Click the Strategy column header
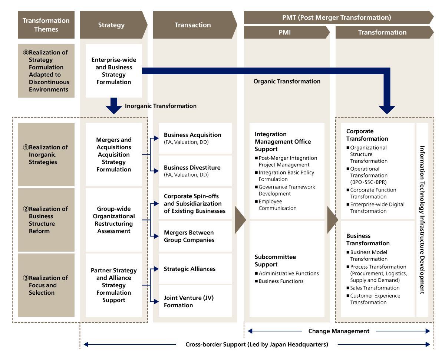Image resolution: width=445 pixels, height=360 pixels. (111, 25)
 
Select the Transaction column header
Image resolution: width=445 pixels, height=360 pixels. (192, 25)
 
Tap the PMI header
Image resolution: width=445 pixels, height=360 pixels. (285, 33)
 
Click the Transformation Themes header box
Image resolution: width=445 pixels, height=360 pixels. (46, 25)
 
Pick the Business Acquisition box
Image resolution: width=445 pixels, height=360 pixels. (195, 138)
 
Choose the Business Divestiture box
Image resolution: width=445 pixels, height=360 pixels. (195, 171)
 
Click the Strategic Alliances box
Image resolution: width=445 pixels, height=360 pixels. (195, 269)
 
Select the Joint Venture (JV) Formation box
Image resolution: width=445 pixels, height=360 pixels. (195, 301)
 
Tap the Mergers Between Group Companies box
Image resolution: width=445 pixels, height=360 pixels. (195, 236)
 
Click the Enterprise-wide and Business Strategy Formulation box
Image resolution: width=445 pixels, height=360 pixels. (113, 71)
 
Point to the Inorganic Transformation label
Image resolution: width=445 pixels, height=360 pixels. (161, 106)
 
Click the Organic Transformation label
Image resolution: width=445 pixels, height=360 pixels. (287, 81)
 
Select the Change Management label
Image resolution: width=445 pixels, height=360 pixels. (339, 331)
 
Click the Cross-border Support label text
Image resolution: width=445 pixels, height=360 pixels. (257, 344)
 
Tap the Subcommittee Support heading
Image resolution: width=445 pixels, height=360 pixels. (275, 261)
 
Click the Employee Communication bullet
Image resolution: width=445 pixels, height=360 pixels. (277, 205)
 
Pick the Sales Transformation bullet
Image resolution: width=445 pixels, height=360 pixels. (375, 288)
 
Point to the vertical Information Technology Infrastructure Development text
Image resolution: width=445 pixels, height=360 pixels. (422, 220)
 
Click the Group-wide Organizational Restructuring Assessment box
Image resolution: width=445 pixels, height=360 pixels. (113, 220)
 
